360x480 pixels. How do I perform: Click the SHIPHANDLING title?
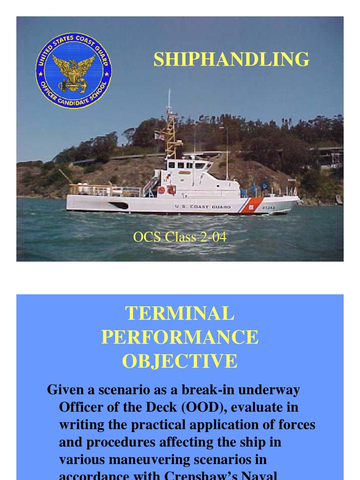tap(232, 60)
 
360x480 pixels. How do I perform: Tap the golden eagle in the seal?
tap(74, 70)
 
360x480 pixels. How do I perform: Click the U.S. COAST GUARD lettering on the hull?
tap(203, 206)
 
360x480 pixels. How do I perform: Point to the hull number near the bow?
tap(269, 207)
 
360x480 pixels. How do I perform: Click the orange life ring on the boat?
tap(162, 190)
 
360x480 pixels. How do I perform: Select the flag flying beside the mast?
tap(159, 136)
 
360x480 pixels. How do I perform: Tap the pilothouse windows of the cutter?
tap(187, 165)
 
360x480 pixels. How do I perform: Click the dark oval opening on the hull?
tap(119, 205)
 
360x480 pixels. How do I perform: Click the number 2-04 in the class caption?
tap(213, 237)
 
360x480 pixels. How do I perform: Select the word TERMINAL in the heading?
tap(180, 314)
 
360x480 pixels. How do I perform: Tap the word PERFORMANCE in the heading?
tap(180, 337)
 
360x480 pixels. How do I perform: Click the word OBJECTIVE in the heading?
tap(180, 361)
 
